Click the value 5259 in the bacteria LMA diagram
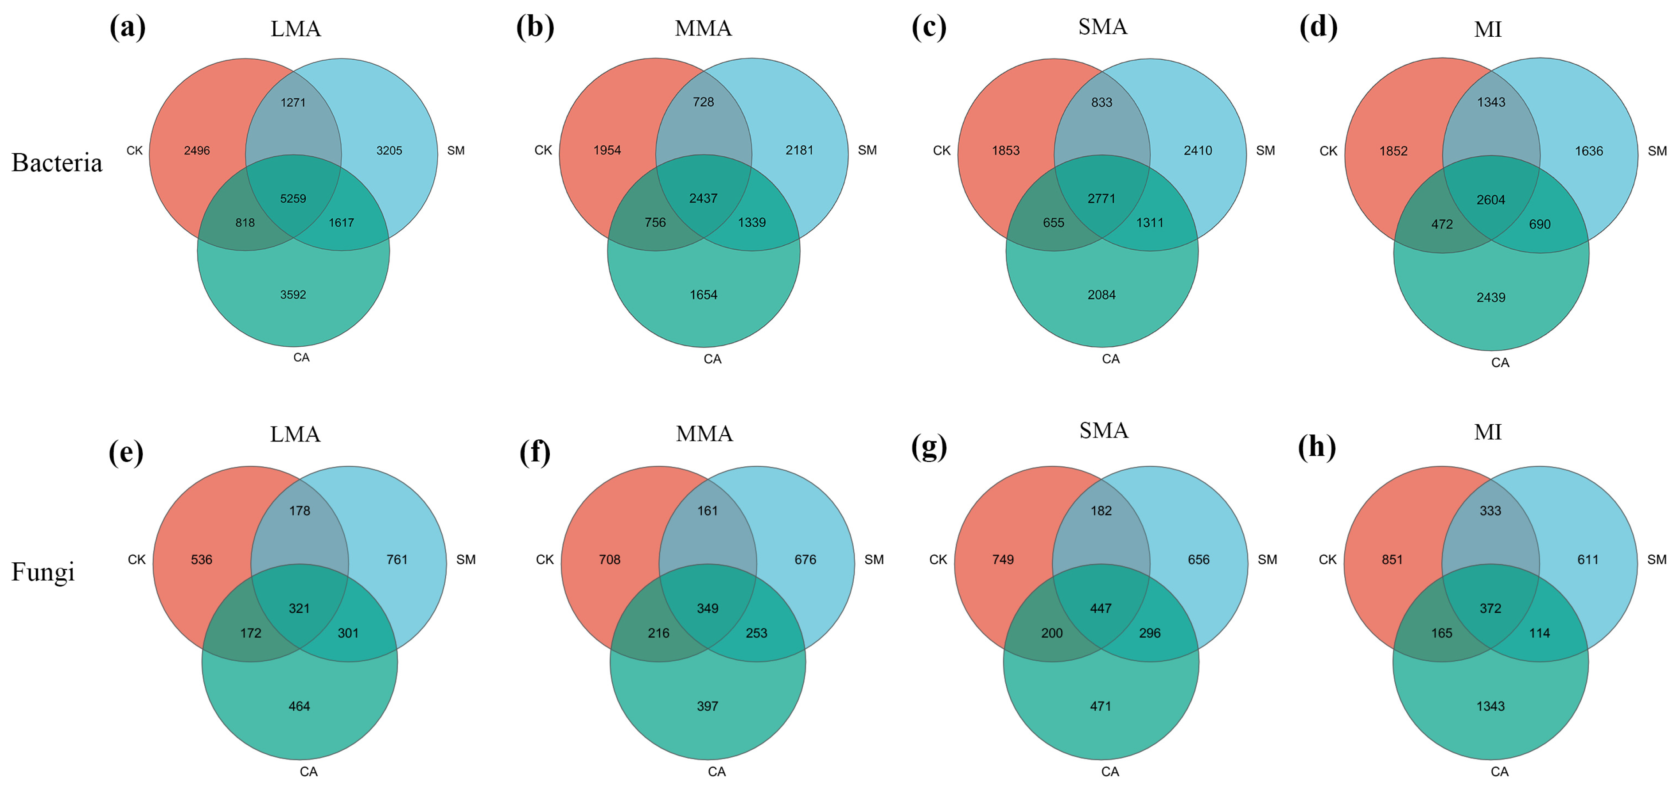[293, 199]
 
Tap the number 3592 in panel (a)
[293, 295]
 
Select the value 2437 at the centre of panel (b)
[704, 198]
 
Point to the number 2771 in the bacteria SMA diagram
[1101, 199]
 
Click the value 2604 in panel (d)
[1490, 200]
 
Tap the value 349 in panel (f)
[707, 608]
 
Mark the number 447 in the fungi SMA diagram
[1101, 608]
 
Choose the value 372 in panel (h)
[1490, 608]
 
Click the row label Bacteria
[57, 163]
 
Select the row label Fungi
[43, 572]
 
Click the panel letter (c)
[929, 27]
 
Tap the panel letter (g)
[929, 447]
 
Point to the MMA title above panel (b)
[704, 28]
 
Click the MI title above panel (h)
[1487, 432]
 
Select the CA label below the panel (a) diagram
[301, 358]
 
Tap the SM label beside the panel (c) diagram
[1265, 151]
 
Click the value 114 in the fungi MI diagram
[1539, 633]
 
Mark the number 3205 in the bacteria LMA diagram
[389, 151]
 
